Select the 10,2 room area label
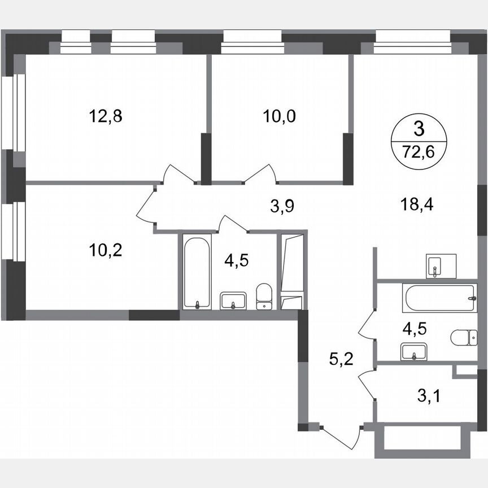[106, 250]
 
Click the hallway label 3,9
[282, 207]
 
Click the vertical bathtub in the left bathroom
[196, 273]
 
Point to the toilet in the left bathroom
[264, 297]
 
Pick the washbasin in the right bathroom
[415, 352]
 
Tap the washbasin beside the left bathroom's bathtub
[233, 300]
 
